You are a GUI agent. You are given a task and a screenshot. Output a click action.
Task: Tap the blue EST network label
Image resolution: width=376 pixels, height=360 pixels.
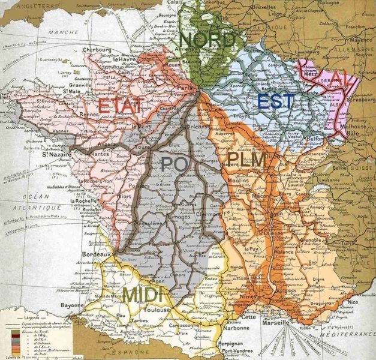[x=275, y=101]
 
